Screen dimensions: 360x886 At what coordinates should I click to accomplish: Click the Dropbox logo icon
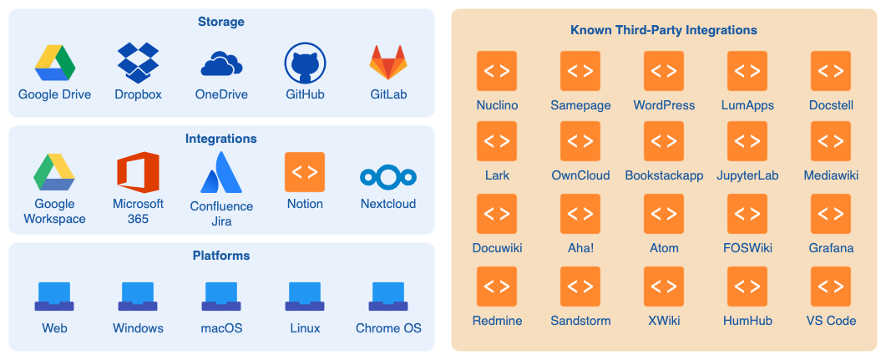pos(138,63)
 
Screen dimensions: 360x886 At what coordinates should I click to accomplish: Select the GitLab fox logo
pos(388,63)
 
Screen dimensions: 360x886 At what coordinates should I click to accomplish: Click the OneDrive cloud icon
pos(221,63)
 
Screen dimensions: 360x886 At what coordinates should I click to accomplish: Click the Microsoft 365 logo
pos(138,173)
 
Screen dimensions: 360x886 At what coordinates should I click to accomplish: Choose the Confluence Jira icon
pos(221,173)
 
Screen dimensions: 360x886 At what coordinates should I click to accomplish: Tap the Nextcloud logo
pos(388,176)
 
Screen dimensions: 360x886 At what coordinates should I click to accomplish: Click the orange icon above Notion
pos(305,172)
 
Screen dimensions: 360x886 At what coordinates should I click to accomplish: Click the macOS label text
pos(221,328)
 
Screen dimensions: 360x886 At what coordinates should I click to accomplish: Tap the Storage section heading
pos(221,21)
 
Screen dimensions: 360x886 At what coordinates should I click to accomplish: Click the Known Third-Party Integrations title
pos(664,30)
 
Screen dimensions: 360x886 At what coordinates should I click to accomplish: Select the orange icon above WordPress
pos(664,71)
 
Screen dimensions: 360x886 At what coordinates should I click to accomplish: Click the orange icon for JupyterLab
pos(747,141)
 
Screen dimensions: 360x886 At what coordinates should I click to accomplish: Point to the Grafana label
pos(831,248)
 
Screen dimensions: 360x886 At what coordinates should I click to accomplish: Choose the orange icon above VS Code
pos(831,286)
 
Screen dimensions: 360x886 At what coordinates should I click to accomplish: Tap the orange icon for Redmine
pos(497,286)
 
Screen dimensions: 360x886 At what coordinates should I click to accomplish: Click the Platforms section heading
pos(221,256)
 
